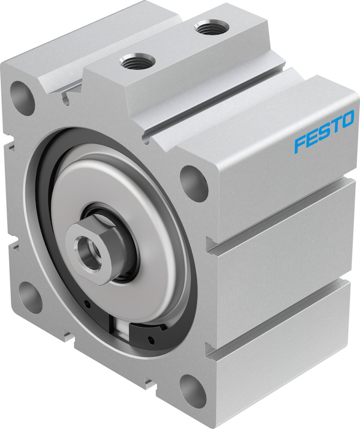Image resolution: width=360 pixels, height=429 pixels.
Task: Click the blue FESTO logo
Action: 324,131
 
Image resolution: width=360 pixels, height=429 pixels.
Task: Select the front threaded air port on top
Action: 137,61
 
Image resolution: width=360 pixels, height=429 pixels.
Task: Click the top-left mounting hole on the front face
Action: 22,97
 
